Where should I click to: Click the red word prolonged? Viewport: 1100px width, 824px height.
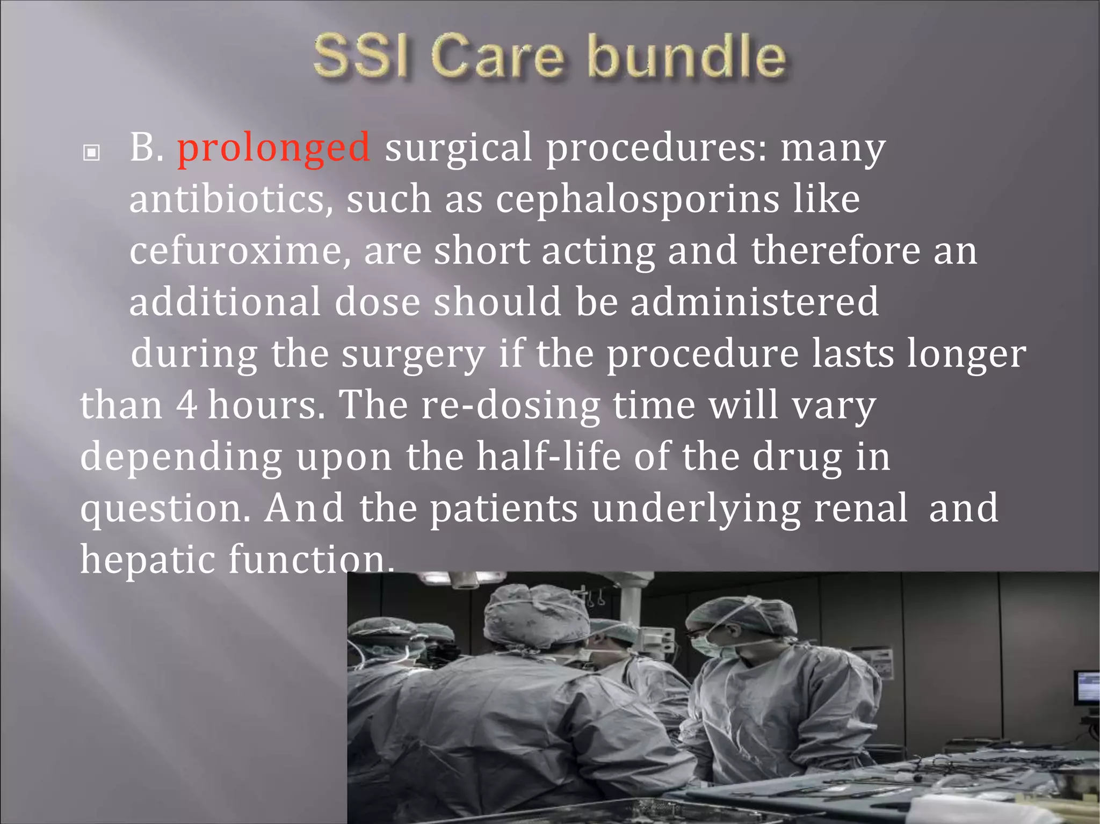point(273,147)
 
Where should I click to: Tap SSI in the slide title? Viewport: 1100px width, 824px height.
point(360,56)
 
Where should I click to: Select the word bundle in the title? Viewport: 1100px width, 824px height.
point(687,56)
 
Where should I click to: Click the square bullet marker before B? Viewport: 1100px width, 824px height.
point(92,153)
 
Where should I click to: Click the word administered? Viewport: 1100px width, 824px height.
point(755,301)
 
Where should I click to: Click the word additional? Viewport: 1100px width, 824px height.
point(225,301)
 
